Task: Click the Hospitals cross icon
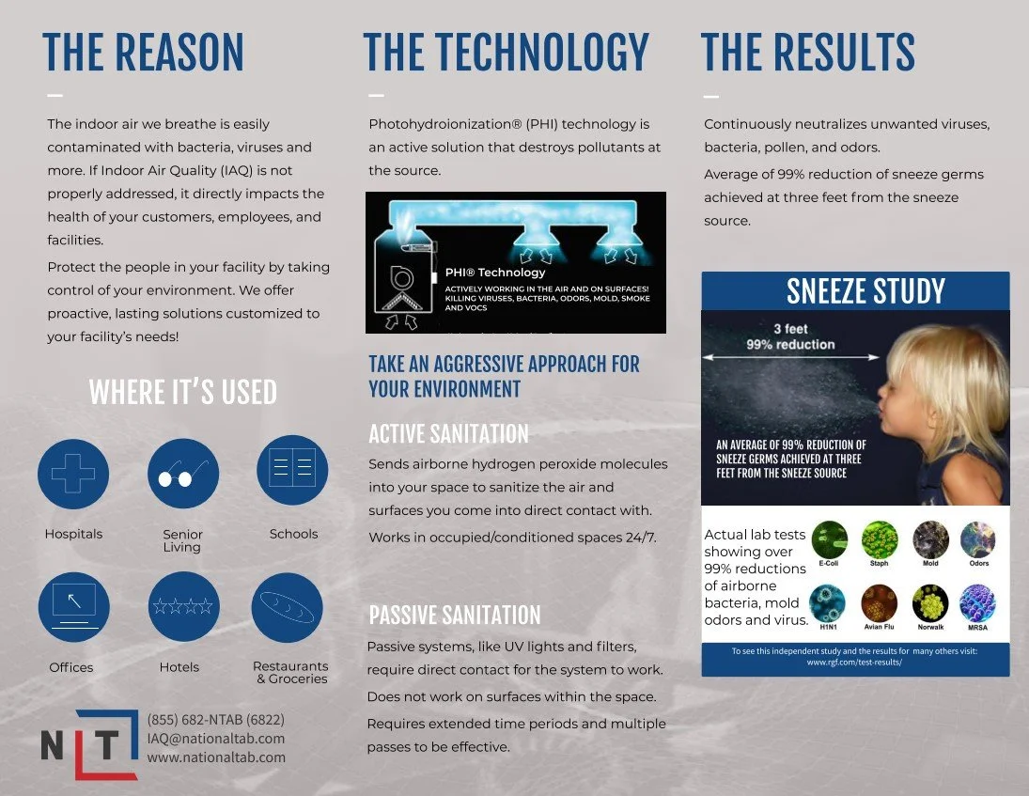[x=73, y=475]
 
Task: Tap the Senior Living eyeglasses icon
[x=182, y=475]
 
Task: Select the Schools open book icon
[x=292, y=470]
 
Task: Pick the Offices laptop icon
[x=73, y=607]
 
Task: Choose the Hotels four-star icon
[x=182, y=607]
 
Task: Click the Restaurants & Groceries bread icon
[x=288, y=607]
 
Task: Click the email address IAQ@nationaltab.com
[x=216, y=739]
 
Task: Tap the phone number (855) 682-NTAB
[x=216, y=720]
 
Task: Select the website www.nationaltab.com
[x=216, y=757]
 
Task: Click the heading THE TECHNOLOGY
[x=506, y=53]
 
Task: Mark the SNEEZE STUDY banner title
[x=865, y=291]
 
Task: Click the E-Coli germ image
[x=829, y=540]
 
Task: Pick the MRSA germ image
[x=977, y=603]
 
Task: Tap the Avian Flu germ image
[x=880, y=603]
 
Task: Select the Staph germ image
[x=880, y=540]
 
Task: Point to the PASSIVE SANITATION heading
[x=455, y=616]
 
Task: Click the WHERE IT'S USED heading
[x=182, y=392]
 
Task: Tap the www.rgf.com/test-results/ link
[x=854, y=663]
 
